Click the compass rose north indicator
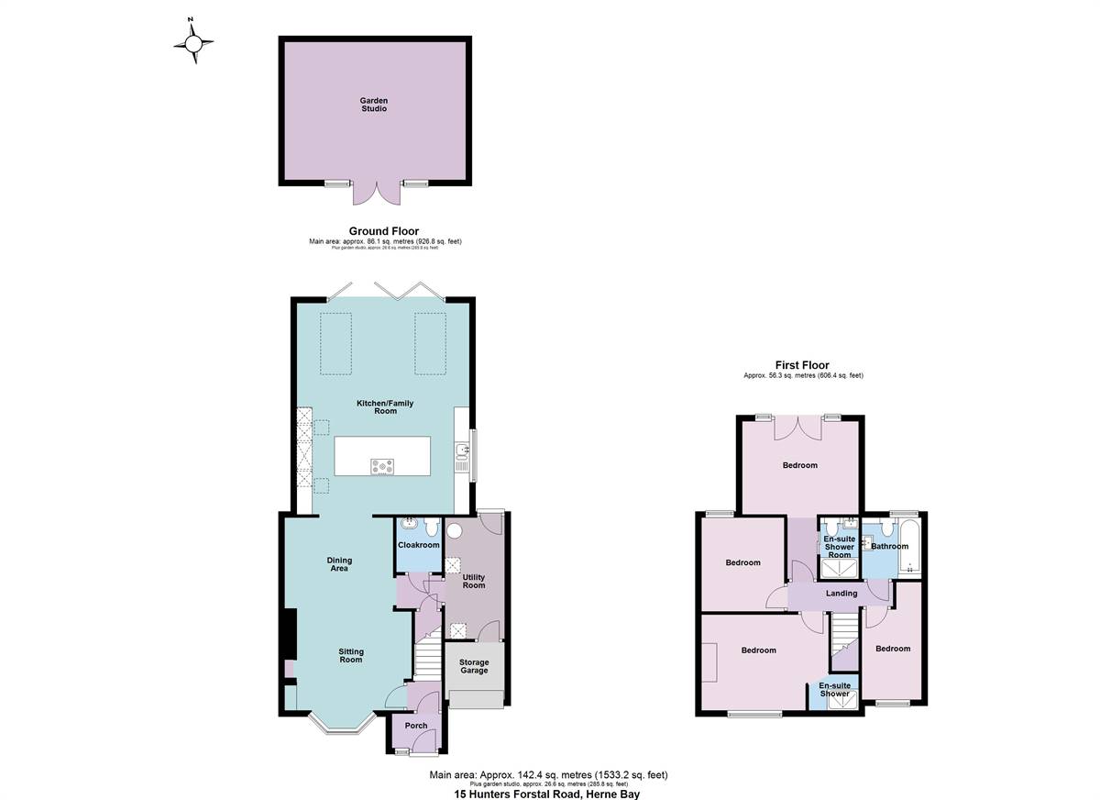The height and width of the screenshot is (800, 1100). [x=193, y=41]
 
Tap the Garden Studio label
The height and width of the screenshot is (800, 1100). [x=374, y=105]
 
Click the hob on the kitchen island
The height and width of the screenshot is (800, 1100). [x=381, y=467]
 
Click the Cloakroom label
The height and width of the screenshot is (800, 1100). [x=418, y=545]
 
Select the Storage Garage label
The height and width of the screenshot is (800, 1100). [x=474, y=666]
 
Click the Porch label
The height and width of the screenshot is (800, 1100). [x=415, y=726]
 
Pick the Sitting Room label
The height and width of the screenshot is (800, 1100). [x=351, y=656]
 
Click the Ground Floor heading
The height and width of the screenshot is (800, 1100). [x=384, y=231]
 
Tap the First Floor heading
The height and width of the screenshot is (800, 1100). [x=803, y=365]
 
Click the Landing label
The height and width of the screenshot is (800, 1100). [x=841, y=594]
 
